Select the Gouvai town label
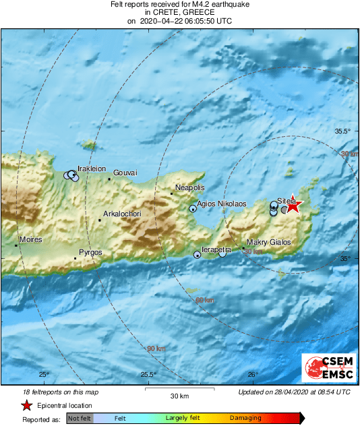click(x=125, y=173)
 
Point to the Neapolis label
click(x=189, y=187)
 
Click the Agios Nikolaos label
click(x=221, y=204)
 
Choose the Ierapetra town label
click(x=218, y=249)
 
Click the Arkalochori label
click(x=122, y=214)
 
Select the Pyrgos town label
click(x=90, y=252)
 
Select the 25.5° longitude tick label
click(x=148, y=375)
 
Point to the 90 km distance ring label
click(x=156, y=348)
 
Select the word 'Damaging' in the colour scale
click(x=246, y=419)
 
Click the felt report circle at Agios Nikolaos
click(x=193, y=209)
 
